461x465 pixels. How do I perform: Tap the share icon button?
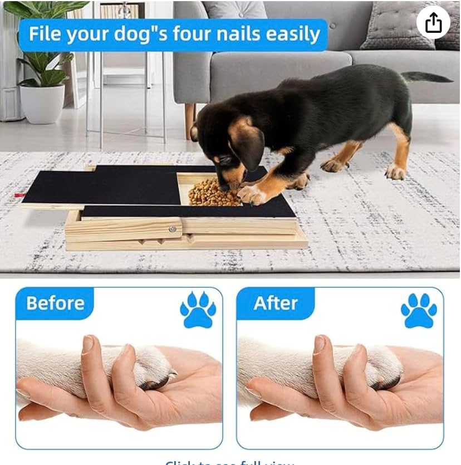coord(433,23)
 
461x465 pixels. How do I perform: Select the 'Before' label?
coord(55,303)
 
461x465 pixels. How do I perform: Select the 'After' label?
coord(276,303)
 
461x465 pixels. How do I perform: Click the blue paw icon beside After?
coord(419,310)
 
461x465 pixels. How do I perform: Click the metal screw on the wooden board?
coord(173,229)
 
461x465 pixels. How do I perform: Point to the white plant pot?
coord(42,103)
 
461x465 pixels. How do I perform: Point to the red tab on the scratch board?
coord(19,195)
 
